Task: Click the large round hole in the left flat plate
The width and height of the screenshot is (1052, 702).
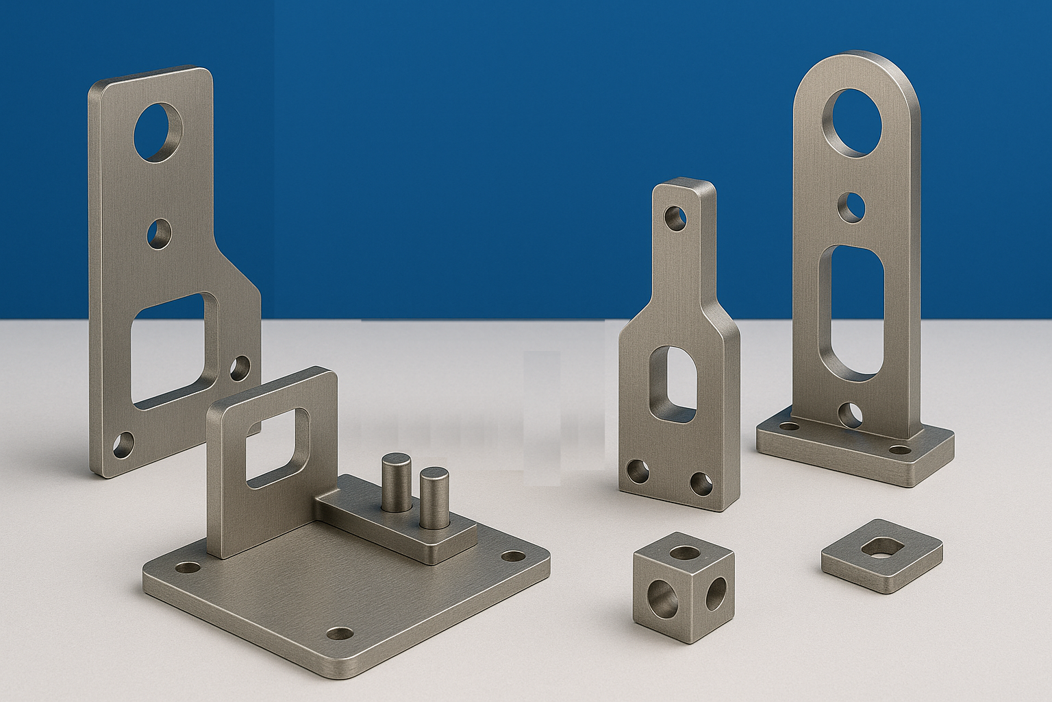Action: point(160,132)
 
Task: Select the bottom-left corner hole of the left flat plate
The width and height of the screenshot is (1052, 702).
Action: point(124,446)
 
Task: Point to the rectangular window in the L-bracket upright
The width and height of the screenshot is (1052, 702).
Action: point(277,448)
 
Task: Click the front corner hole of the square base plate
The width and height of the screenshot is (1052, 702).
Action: point(338,633)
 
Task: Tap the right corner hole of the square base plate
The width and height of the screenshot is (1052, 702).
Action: point(511,556)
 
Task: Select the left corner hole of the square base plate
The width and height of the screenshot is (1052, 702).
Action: point(187,568)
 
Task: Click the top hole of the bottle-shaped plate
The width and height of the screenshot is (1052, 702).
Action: point(676,219)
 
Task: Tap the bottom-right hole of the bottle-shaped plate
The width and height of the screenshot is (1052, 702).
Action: point(701,483)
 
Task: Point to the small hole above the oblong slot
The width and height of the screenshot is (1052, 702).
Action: point(852,206)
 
